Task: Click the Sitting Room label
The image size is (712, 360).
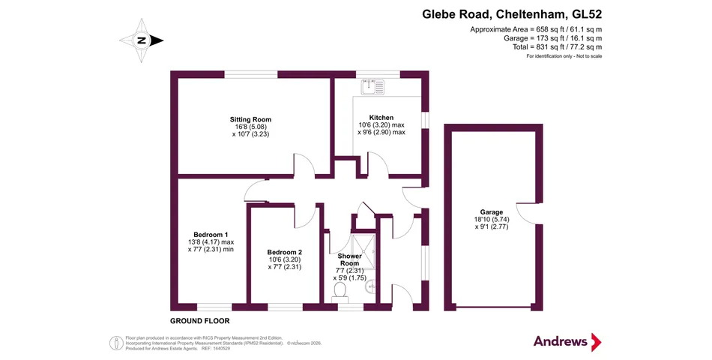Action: click(x=250, y=119)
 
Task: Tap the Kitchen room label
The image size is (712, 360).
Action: click(x=381, y=118)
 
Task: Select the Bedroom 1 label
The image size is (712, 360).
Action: click(x=211, y=234)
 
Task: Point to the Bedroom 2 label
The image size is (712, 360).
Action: click(x=284, y=252)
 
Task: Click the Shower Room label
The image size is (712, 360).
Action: click(x=349, y=259)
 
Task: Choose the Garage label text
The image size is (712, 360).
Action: click(x=492, y=212)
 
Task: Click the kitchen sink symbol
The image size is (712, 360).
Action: click(x=371, y=88)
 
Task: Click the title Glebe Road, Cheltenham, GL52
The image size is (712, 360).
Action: click(x=511, y=13)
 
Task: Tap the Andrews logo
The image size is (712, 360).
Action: click(x=567, y=342)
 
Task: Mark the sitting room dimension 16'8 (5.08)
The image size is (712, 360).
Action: click(x=250, y=127)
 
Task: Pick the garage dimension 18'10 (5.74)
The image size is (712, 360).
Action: click(x=492, y=220)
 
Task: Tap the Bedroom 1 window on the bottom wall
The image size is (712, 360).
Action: click(x=214, y=307)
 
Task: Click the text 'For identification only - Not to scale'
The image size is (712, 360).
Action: click(x=564, y=57)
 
